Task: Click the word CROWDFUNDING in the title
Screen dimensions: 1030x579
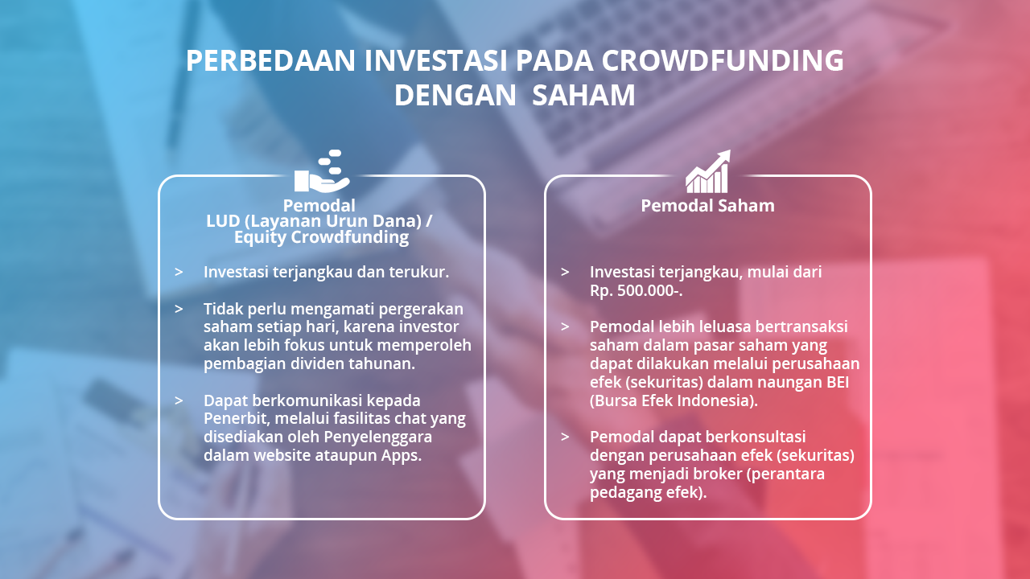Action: [723, 60]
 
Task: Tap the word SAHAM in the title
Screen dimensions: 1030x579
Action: [583, 96]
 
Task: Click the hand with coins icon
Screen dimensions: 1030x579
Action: [322, 171]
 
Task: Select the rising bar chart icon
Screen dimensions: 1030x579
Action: [708, 171]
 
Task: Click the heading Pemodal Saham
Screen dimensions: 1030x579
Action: [707, 205]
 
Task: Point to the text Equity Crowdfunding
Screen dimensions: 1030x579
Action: [321, 237]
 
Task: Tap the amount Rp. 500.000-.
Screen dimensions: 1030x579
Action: [636, 290]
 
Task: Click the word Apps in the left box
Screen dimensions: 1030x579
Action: [401, 455]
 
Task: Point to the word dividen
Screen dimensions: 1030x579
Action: [315, 363]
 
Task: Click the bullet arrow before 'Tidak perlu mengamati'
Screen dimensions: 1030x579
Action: [179, 309]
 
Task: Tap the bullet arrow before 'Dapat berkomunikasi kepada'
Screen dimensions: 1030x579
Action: [179, 400]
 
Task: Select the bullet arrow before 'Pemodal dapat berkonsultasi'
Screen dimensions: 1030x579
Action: [565, 437]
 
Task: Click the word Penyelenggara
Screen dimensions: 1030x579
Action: [378, 437]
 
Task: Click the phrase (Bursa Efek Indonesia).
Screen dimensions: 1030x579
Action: [674, 400]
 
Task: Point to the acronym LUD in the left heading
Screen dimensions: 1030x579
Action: [223, 221]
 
